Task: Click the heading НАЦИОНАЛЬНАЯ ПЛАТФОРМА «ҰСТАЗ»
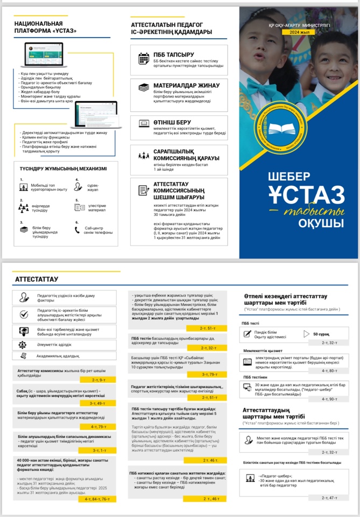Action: coord(45,27)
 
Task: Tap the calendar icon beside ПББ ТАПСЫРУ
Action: coord(144,58)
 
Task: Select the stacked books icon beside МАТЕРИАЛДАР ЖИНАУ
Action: coord(144,88)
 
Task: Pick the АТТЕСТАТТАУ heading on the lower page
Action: coord(37,280)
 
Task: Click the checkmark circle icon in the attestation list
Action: coord(24,314)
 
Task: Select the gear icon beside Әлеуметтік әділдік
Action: coord(23,344)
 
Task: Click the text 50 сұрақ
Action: coord(322,334)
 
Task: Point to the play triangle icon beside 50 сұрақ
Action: coord(307,334)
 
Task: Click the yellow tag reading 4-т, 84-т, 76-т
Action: coord(97,499)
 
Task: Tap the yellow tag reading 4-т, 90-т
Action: coord(329,399)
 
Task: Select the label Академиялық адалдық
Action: coord(57,356)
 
